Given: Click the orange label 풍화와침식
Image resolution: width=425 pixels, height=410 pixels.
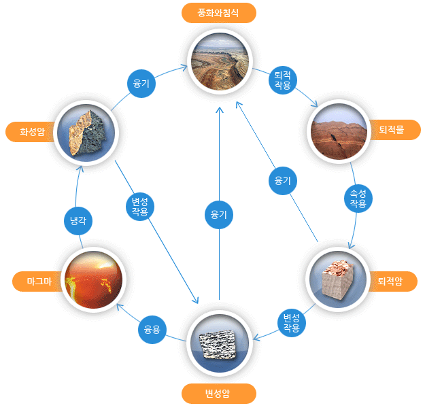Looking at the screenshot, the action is (219, 13).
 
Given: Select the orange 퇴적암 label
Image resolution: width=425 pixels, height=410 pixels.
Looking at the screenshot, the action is (392, 281).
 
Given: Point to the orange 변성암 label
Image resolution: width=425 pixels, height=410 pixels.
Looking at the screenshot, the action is (219, 393).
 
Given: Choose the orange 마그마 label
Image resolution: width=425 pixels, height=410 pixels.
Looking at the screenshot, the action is (38, 281).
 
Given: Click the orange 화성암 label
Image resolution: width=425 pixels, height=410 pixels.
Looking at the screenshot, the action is (31, 132).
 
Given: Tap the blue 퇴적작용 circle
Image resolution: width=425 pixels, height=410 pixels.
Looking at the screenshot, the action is (283, 80).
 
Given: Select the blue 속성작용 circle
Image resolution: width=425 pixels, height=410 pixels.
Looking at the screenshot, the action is (358, 199).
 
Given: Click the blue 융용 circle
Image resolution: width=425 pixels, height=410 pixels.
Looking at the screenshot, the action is (152, 330).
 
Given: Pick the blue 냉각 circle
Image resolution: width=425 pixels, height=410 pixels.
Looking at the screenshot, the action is (78, 221).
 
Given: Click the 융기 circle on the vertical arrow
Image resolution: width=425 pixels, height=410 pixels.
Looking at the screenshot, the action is (219, 215).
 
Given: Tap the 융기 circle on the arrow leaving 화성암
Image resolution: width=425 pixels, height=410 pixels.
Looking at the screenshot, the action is (141, 84).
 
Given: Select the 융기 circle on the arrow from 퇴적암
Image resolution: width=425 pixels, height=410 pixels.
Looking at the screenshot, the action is (283, 180).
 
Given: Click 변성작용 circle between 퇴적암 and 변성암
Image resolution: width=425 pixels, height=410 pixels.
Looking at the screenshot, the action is (291, 323).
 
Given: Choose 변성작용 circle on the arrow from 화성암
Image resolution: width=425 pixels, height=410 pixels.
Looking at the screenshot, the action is (140, 207).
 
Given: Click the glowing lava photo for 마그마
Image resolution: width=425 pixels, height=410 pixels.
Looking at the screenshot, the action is (94, 279).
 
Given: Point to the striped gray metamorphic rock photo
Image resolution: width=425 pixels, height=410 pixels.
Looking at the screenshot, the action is (219, 343).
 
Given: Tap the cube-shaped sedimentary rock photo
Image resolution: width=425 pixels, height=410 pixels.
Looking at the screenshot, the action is (338, 279).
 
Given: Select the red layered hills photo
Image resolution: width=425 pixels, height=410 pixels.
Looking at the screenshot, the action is (339, 131).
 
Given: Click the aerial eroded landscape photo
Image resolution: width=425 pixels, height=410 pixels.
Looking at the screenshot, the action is (220, 61).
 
